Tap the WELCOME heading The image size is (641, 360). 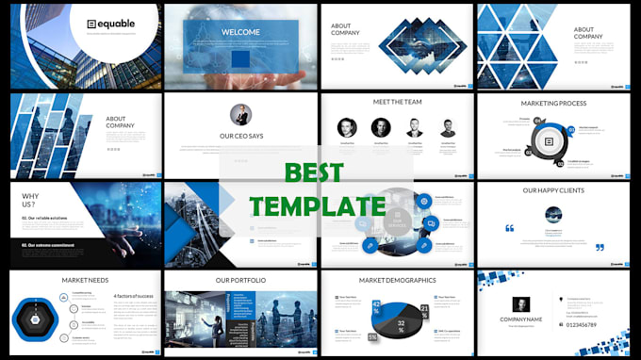[x=241, y=31]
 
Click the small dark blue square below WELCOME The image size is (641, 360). [x=241, y=58]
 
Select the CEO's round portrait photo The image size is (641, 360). [x=241, y=115]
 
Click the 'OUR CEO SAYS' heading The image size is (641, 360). [x=240, y=136]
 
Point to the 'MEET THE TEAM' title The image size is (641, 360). [x=395, y=103]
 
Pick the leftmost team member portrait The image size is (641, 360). [x=347, y=127]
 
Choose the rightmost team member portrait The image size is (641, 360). [x=448, y=127]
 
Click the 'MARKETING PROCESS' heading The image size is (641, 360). [x=553, y=103]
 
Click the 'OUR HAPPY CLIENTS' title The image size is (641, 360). [x=555, y=191]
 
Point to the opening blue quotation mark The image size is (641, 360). [x=510, y=228]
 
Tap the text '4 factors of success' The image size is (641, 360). [x=135, y=296]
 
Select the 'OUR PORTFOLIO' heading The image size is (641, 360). [x=240, y=280]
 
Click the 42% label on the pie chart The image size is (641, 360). [x=376, y=305]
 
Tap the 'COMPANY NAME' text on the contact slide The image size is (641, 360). [x=520, y=320]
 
